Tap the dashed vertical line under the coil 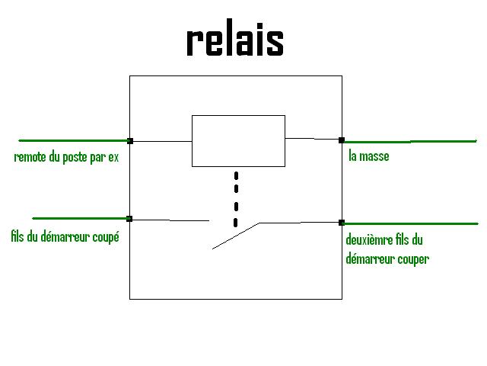tap(236, 199)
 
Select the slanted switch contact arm tap(236, 236)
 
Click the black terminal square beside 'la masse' tap(342, 140)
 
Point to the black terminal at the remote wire tap(130, 141)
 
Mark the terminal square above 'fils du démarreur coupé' tap(129, 219)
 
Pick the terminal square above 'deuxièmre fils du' tap(342, 223)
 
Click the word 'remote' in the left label tap(30, 157)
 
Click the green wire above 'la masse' tap(410, 142)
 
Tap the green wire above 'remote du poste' tap(74, 140)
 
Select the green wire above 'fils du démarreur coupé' tap(80, 219)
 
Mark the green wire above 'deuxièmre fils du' tap(411, 223)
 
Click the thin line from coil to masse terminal tap(312, 139)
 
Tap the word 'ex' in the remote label tap(113, 158)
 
